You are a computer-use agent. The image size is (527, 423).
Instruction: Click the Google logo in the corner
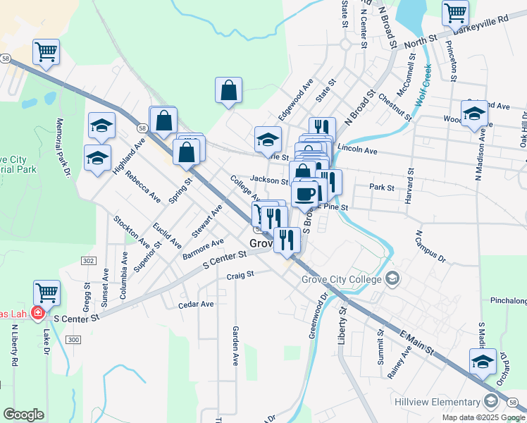click(23, 414)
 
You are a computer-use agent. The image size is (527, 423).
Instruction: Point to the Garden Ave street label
click(235, 345)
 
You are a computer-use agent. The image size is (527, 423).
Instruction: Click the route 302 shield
click(88, 261)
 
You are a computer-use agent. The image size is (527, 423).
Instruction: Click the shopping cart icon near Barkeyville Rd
click(455, 12)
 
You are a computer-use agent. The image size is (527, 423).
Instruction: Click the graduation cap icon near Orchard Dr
click(483, 362)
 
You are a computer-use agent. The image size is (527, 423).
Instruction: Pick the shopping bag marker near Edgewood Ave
click(229, 90)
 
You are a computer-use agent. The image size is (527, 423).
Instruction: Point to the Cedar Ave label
click(196, 305)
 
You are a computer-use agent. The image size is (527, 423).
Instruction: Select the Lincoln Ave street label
click(357, 150)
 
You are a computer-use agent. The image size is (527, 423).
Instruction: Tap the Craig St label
click(240, 276)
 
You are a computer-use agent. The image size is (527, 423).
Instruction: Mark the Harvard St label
click(408, 185)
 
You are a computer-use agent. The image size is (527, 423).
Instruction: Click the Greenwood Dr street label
click(315, 316)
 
